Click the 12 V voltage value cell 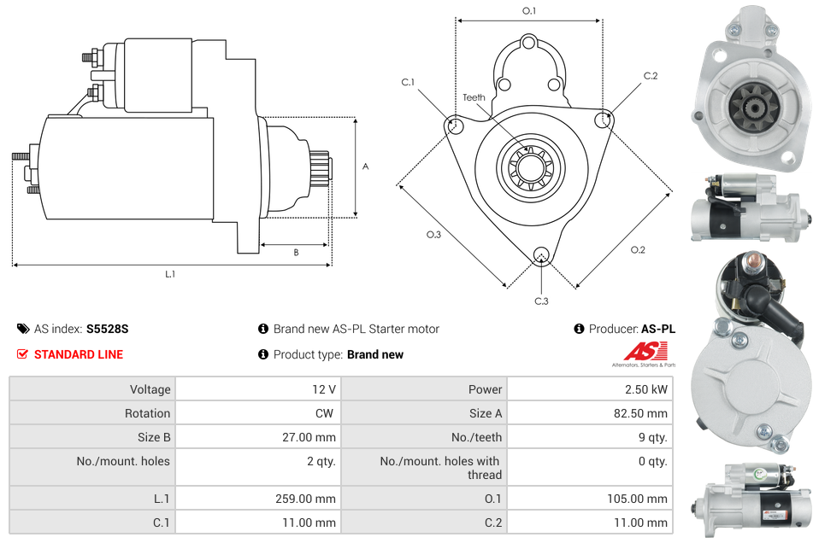point(323,389)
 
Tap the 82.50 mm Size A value point(645,413)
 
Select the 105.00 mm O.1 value point(642,499)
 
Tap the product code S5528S point(107,329)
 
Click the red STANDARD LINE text point(79,354)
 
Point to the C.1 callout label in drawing point(408,83)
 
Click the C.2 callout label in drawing point(651,76)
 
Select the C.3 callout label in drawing point(541,301)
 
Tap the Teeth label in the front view point(474,97)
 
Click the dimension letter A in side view point(365,166)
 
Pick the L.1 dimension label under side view point(170,275)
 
